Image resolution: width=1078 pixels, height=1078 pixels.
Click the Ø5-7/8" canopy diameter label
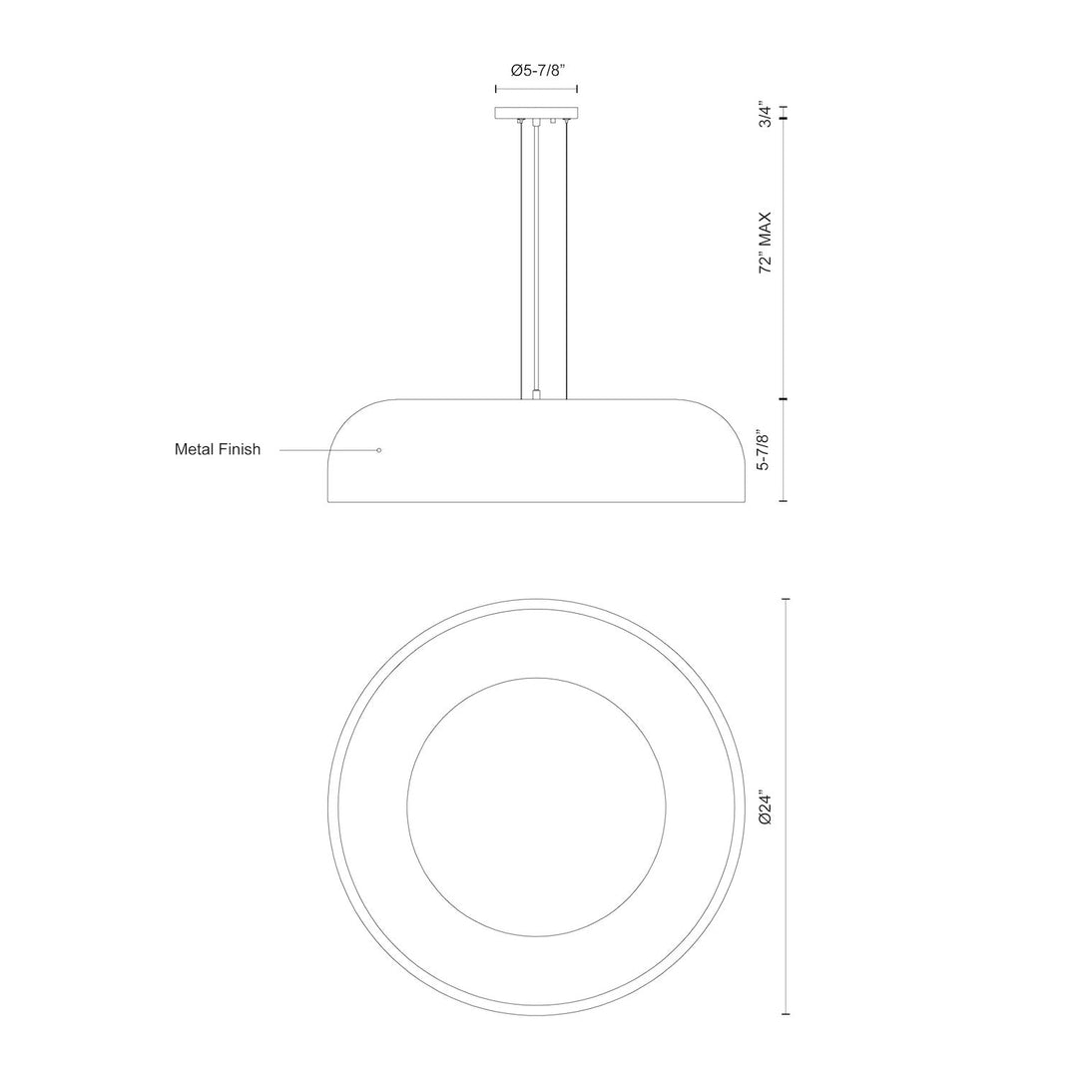pyautogui.click(x=538, y=70)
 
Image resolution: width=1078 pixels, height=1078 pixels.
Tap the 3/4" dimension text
pyautogui.click(x=766, y=115)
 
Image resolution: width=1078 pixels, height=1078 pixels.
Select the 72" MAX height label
pyautogui.click(x=766, y=243)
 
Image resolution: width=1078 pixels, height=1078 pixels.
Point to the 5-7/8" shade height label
pyautogui.click(x=766, y=451)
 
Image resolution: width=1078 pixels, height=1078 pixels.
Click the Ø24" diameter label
pyautogui.click(x=766, y=806)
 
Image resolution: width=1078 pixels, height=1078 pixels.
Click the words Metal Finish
pyautogui.click(x=218, y=450)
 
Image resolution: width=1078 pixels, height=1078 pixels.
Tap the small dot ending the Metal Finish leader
pyautogui.click(x=379, y=451)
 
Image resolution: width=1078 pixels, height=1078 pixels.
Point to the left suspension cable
pyautogui.click(x=520, y=260)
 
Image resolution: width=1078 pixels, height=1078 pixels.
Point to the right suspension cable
pyautogui.click(x=567, y=260)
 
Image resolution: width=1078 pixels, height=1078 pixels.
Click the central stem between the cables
pyautogui.click(x=537, y=260)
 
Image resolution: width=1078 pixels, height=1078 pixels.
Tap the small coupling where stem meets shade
pyautogui.click(x=537, y=395)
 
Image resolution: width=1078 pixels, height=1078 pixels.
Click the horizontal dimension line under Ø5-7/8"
pyautogui.click(x=537, y=89)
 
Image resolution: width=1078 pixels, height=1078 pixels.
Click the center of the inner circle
pyautogui.click(x=537, y=807)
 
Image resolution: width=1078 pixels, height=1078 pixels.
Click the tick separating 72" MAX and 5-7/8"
pyautogui.click(x=785, y=400)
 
